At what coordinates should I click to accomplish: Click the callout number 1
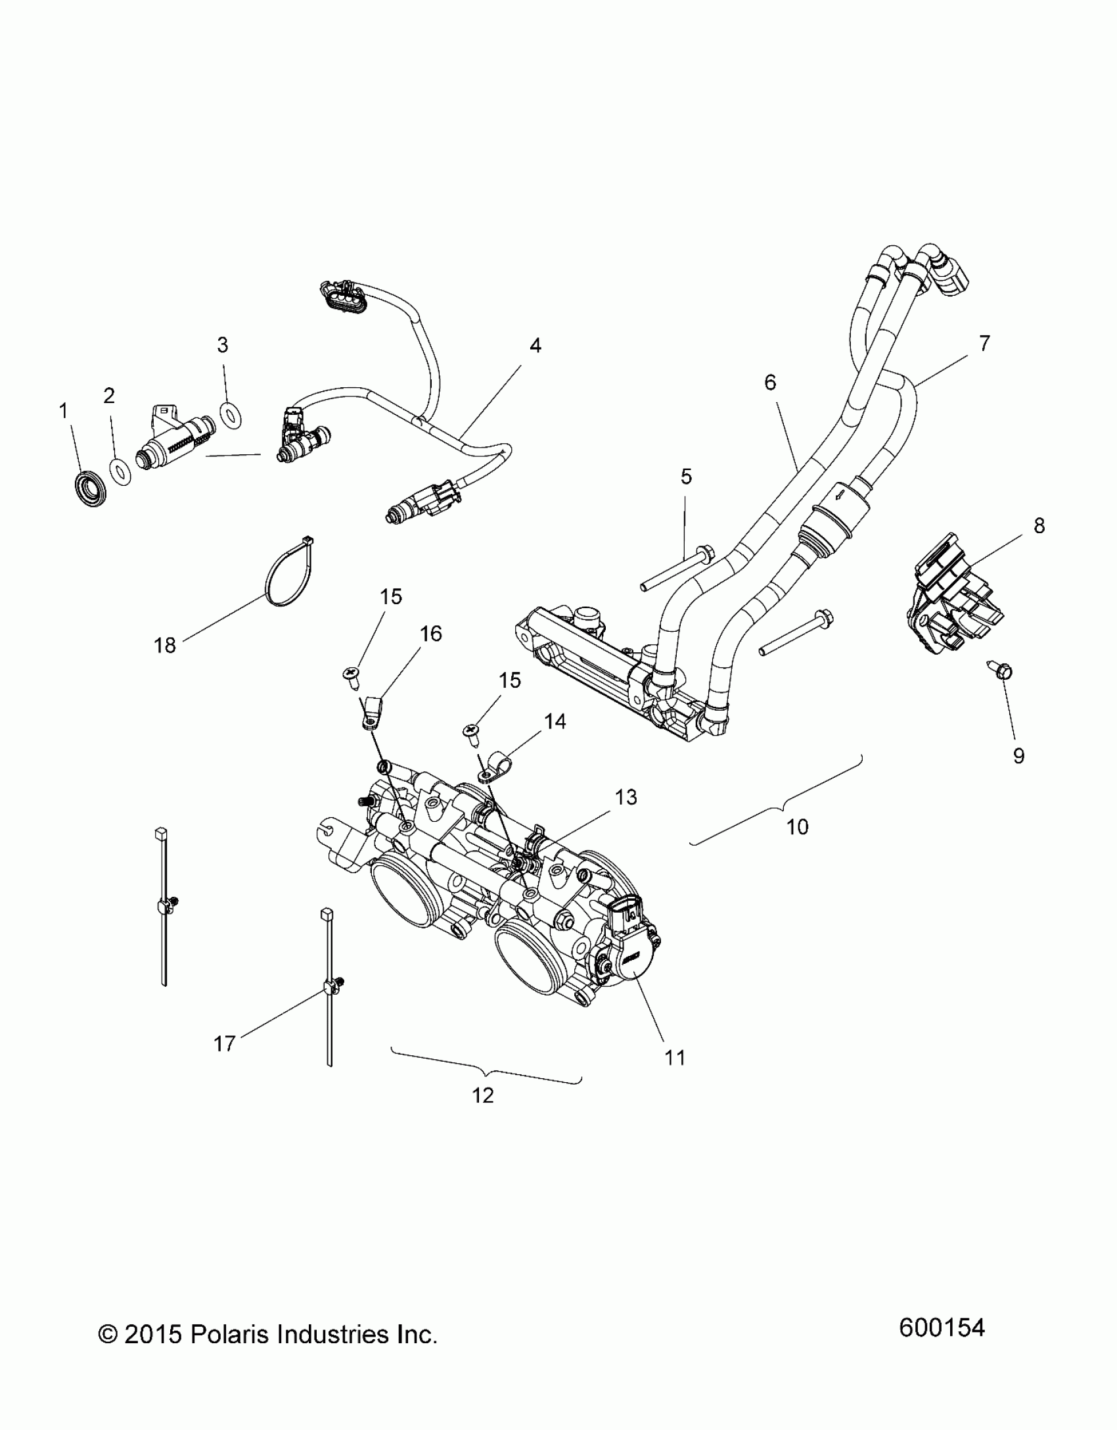tap(64, 412)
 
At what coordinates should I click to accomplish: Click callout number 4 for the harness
tap(536, 346)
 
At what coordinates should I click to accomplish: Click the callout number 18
tap(165, 646)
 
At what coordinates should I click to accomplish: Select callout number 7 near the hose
tap(984, 343)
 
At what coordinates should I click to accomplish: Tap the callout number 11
tap(675, 1057)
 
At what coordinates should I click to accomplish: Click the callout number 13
tap(626, 798)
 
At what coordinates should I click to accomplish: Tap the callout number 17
tap(225, 1043)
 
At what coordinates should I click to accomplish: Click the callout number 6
tap(770, 383)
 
